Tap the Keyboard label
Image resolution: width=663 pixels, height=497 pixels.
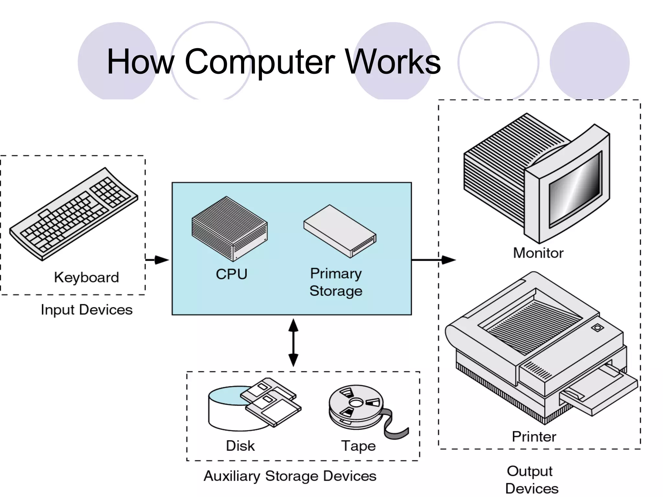86,278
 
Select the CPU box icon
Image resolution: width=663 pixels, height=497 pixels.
229,228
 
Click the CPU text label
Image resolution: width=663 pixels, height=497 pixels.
231,274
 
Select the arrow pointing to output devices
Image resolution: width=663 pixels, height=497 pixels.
434,260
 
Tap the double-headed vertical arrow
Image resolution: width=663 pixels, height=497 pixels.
293,343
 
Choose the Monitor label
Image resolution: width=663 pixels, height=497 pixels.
538,253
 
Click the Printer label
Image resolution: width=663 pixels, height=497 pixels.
534,437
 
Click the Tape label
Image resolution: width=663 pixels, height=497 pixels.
358,446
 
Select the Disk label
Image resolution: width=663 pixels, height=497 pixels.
240,446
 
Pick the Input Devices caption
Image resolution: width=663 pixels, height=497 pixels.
86,310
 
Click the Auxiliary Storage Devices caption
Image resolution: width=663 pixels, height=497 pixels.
290,476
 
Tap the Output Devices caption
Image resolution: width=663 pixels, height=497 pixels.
531,480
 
